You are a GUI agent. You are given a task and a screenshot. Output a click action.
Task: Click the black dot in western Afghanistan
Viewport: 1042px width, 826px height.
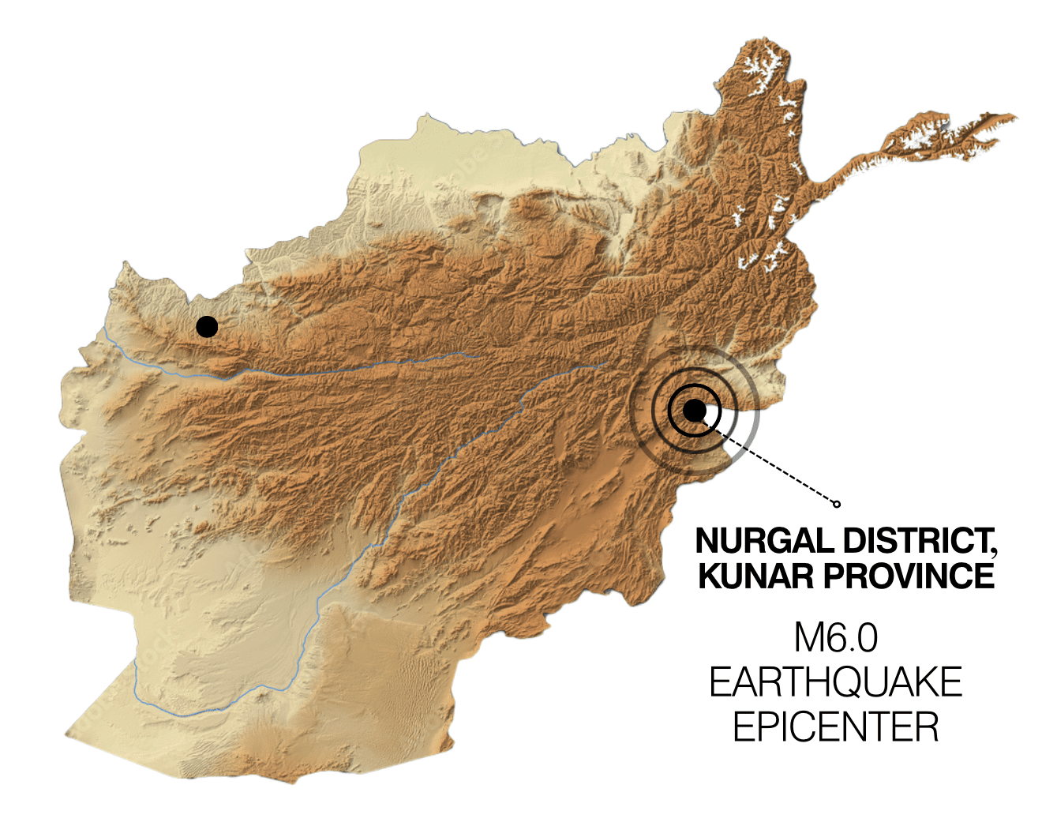coord(207,326)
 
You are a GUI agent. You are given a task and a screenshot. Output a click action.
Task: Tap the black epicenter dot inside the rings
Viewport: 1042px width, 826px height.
coord(695,410)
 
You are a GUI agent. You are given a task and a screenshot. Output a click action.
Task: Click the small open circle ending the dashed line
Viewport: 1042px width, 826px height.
coord(837,504)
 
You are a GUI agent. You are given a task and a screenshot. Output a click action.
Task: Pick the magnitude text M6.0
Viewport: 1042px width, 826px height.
coord(835,638)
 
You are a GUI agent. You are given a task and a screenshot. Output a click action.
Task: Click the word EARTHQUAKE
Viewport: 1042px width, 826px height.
coord(835,682)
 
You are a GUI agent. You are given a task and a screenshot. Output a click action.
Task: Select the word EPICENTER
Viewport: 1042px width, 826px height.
coord(835,727)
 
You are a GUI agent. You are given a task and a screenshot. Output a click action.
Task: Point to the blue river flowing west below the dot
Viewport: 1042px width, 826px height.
coord(316,371)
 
